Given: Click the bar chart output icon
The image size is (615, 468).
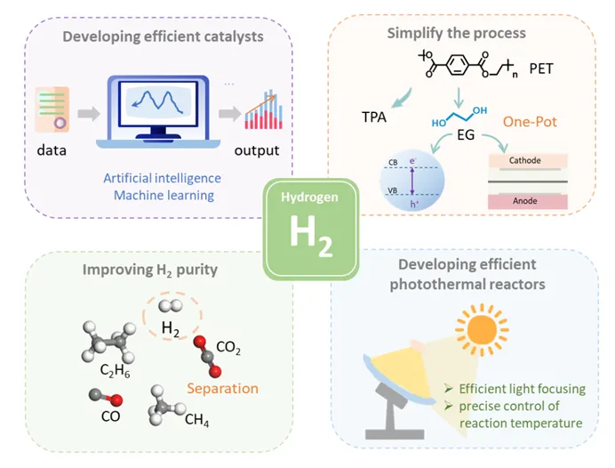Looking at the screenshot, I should click(257, 110).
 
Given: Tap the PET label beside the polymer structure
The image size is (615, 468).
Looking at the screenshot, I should click(566, 69).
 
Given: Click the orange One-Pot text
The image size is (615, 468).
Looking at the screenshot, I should click(530, 122).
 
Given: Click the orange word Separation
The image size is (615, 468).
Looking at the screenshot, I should click(223, 388).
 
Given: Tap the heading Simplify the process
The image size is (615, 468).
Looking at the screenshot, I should click(456, 34).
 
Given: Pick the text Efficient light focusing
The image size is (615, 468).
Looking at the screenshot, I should click(521, 389).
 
